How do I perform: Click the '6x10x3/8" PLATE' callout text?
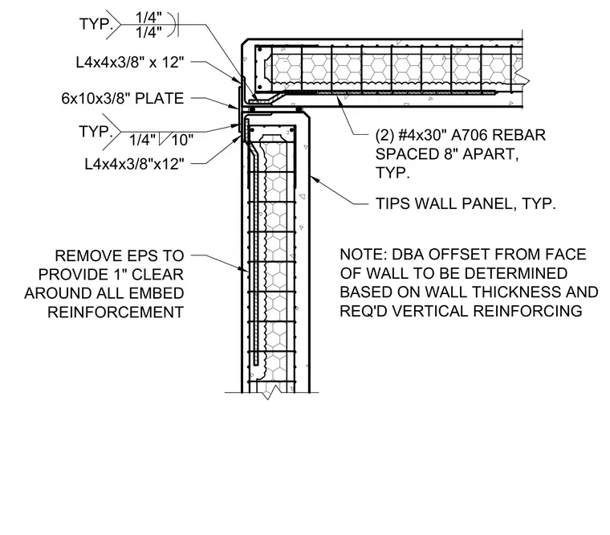point(123,99)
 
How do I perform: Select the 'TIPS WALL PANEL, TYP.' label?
point(466,204)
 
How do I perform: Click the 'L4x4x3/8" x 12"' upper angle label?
point(130,62)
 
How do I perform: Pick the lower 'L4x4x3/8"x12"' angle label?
point(134,164)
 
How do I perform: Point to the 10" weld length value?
point(182,140)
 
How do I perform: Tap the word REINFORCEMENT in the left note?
point(116,312)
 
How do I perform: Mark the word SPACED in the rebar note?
point(407,154)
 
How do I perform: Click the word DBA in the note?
point(408,255)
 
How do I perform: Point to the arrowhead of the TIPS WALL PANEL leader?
point(311,178)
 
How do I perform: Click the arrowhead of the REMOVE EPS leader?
point(245,269)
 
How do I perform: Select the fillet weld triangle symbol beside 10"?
point(163,139)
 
